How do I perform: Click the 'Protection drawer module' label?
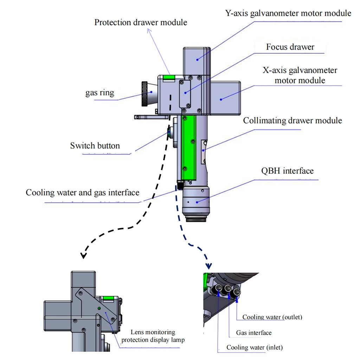[x=141, y=22]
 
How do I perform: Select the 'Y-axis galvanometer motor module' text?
[x=288, y=13]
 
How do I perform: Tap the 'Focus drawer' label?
[x=290, y=47]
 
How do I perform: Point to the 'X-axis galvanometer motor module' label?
[x=300, y=75]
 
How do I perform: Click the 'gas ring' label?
[x=100, y=93]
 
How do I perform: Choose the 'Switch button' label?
[x=95, y=146]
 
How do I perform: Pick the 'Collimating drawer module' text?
[x=292, y=121]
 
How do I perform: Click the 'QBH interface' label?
[x=287, y=171]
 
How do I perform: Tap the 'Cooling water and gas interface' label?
[x=83, y=193]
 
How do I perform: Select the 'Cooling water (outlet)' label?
[x=272, y=317]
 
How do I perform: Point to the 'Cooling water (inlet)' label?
[x=255, y=347]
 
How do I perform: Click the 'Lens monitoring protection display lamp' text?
[x=153, y=336]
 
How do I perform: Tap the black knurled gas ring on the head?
[x=144, y=94]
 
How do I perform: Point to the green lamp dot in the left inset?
[x=99, y=308]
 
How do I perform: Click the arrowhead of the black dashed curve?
[x=83, y=256]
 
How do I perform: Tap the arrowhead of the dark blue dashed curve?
[x=209, y=266]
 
